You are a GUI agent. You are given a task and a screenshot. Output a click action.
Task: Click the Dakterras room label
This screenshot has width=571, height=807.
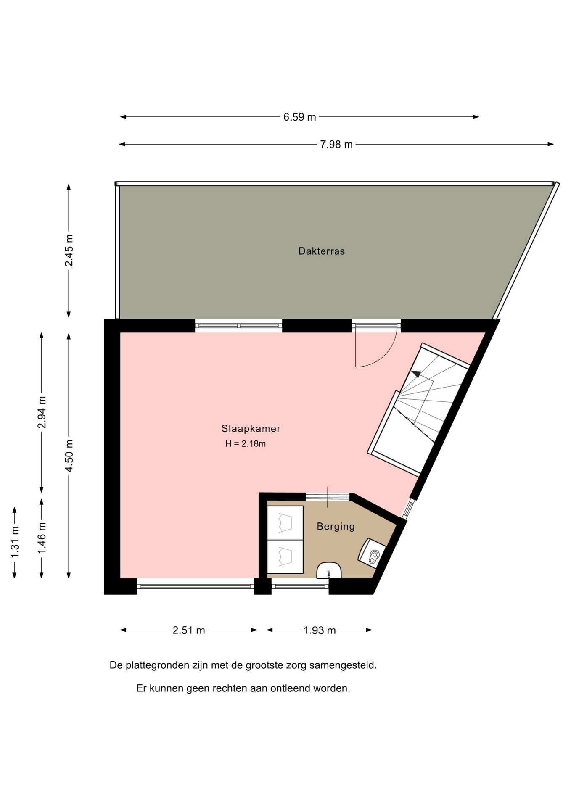pyautogui.click(x=322, y=251)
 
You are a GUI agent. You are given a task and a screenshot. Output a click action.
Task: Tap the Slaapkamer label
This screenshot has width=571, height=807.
pyautogui.click(x=251, y=428)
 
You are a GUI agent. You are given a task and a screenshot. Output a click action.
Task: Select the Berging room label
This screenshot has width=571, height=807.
pyautogui.click(x=336, y=526)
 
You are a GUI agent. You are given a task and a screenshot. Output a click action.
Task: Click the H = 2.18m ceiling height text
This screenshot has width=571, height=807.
pyautogui.click(x=246, y=443)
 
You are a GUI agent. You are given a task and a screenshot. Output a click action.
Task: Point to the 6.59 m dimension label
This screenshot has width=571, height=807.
pyautogui.click(x=299, y=117)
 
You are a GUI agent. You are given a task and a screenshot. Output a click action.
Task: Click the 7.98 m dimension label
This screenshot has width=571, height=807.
pyautogui.click(x=336, y=145)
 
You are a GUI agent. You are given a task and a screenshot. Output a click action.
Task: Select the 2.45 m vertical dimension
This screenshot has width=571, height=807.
pyautogui.click(x=69, y=251)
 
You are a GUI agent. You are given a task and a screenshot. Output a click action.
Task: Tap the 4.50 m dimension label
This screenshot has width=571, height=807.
pyautogui.click(x=69, y=456)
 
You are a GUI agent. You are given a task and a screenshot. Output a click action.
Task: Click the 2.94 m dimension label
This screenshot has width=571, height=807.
pyautogui.click(x=42, y=412)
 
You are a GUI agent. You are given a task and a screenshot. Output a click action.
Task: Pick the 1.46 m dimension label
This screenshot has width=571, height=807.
pyautogui.click(x=42, y=538)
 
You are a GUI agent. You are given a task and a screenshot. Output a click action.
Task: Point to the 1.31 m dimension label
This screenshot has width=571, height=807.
pyautogui.click(x=15, y=542)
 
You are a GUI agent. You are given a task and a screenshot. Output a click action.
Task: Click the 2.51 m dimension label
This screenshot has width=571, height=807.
pyautogui.click(x=189, y=630)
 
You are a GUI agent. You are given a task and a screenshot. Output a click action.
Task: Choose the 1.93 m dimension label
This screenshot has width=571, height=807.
pyautogui.click(x=320, y=630)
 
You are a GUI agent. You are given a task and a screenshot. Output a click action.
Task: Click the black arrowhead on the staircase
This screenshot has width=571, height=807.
pyautogui.click(x=416, y=374)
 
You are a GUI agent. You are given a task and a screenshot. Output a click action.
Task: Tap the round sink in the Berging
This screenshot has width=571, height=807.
pyautogui.click(x=329, y=571)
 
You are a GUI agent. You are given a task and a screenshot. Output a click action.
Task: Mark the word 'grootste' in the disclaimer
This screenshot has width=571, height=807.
pyautogui.click(x=264, y=665)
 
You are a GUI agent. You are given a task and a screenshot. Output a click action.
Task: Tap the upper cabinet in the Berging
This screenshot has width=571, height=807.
pyautogui.click(x=285, y=523)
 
